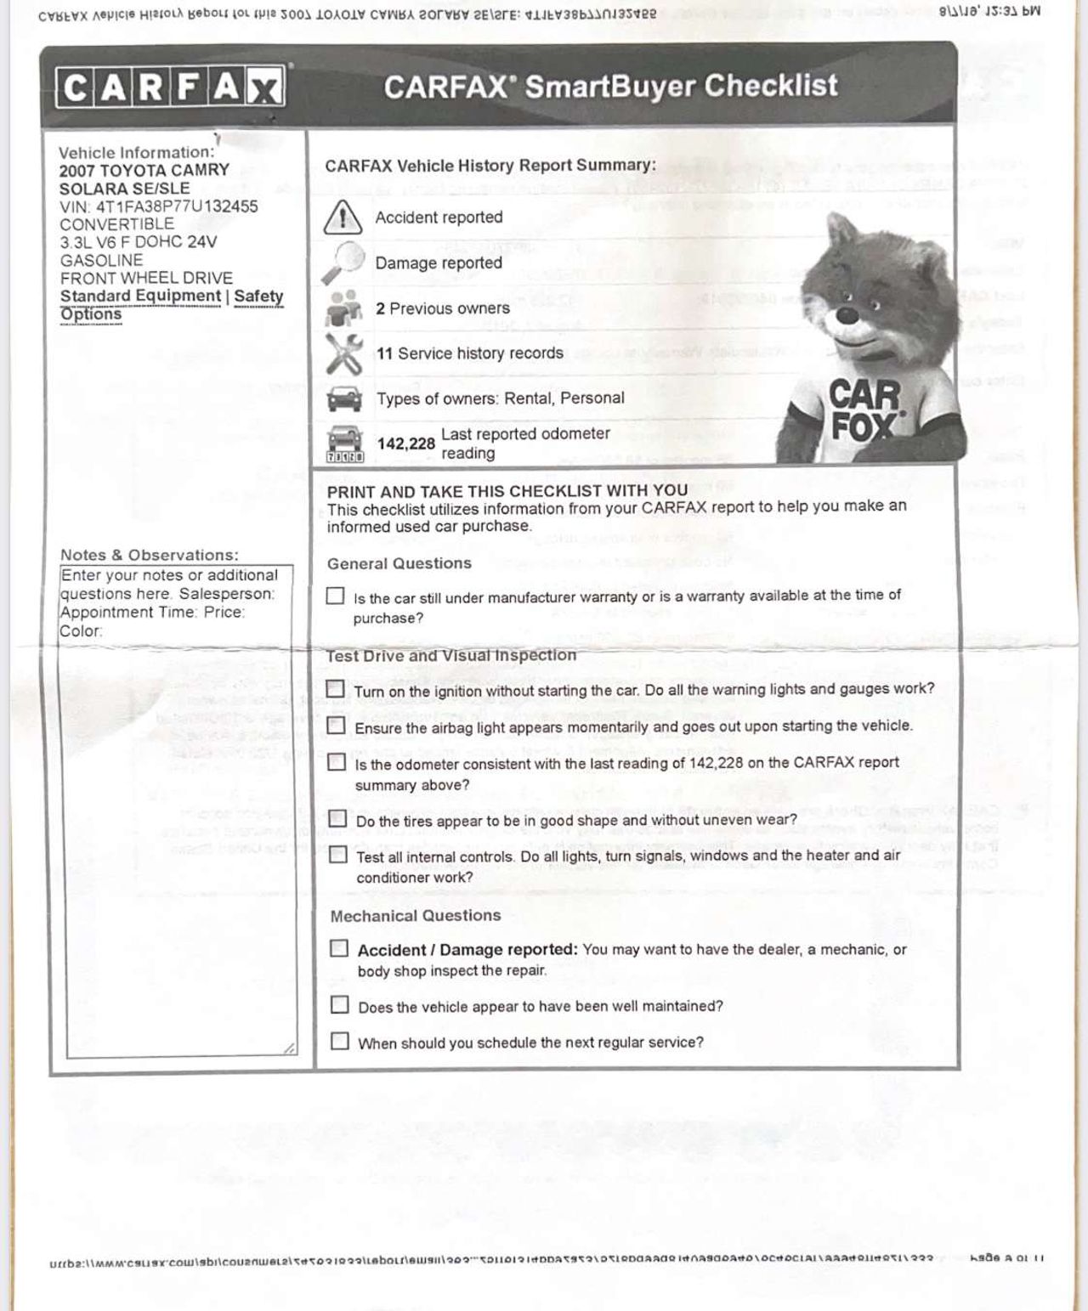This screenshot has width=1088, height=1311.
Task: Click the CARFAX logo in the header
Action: (x=170, y=88)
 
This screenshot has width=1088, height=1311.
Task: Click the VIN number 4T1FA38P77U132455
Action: (x=177, y=206)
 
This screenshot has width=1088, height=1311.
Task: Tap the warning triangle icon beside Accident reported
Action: (x=343, y=218)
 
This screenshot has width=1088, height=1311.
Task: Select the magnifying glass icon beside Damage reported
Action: (x=343, y=263)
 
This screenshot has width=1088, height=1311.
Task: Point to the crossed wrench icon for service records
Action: (x=343, y=353)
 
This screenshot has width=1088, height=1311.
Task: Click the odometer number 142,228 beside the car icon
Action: (x=405, y=444)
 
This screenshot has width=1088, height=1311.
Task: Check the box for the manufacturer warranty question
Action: (x=336, y=596)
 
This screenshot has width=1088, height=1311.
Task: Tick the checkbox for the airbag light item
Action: (x=337, y=726)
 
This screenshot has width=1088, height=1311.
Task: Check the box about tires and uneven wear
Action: (x=337, y=819)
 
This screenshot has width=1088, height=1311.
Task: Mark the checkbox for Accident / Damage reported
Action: (x=339, y=948)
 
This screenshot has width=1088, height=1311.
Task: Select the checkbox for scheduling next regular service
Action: (x=340, y=1041)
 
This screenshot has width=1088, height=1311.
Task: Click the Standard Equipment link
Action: (x=140, y=297)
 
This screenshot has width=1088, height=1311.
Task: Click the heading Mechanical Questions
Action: (x=416, y=916)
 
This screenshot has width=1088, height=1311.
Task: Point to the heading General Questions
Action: (x=399, y=563)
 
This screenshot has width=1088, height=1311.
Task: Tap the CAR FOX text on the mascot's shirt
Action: (x=864, y=410)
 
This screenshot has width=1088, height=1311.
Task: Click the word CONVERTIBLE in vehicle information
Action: (x=117, y=224)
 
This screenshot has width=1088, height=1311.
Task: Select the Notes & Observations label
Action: (x=150, y=555)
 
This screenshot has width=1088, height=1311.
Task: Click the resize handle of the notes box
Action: (x=290, y=1049)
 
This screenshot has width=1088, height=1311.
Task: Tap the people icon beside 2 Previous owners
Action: (x=343, y=308)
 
